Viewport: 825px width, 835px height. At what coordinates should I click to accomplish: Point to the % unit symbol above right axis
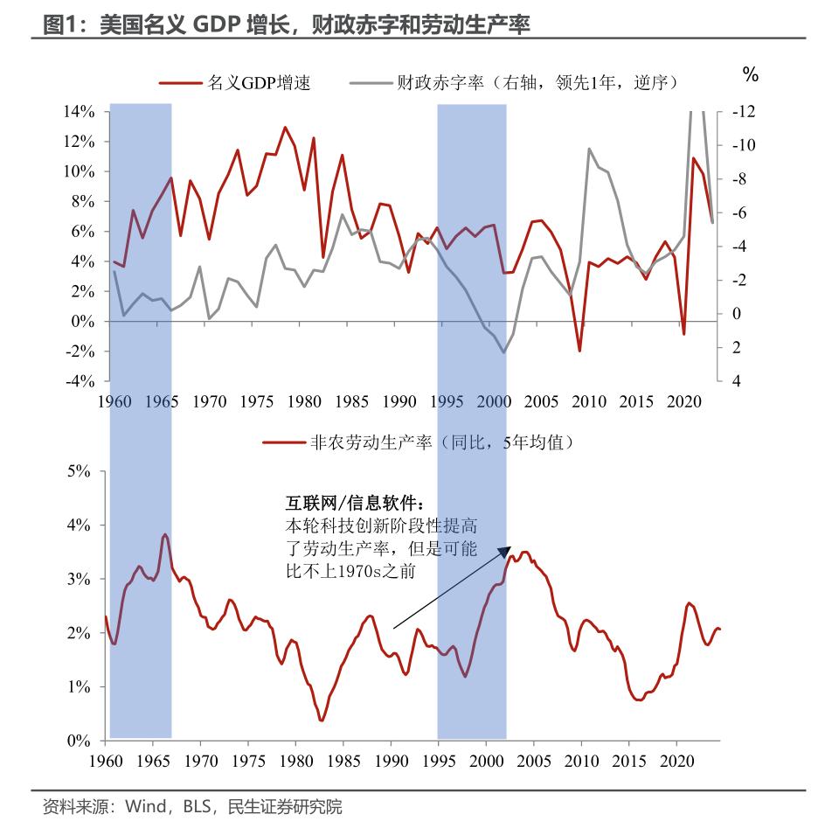click(x=750, y=75)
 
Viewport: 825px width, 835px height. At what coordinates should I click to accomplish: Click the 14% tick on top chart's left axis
click(x=78, y=112)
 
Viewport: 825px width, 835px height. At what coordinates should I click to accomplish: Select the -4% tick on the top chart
click(x=78, y=381)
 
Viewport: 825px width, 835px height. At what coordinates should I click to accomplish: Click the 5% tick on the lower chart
click(x=78, y=471)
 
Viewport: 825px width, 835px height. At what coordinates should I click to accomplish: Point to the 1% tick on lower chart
click(x=78, y=687)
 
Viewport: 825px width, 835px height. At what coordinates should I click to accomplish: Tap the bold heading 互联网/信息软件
click(x=357, y=504)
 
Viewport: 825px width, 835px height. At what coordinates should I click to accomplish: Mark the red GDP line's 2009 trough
click(x=579, y=351)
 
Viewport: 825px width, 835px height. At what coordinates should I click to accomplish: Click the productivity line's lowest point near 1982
click(x=322, y=720)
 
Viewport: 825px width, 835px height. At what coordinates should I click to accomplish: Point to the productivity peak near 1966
click(x=164, y=534)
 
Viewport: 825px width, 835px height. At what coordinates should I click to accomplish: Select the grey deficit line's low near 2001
click(x=503, y=352)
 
